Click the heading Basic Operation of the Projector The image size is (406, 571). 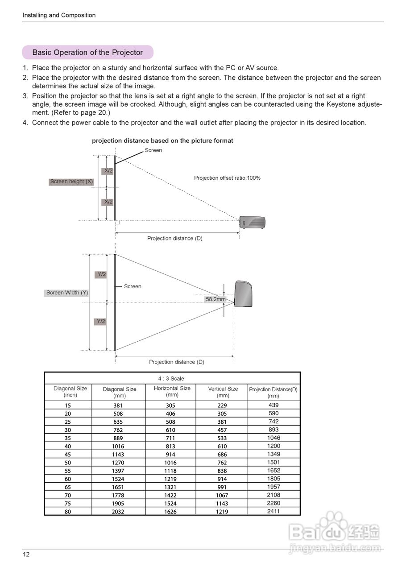pos(87,52)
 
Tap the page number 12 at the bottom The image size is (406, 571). pos(26,554)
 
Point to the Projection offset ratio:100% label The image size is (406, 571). pos(227,178)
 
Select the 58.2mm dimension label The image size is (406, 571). pos(215,299)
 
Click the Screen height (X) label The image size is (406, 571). pos(71,182)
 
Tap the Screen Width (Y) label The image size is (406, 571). pos(67,293)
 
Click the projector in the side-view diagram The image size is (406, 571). pos(253,222)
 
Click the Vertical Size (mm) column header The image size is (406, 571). pos(223,392)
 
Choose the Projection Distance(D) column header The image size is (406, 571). pos(273,393)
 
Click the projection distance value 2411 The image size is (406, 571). pos(273,511)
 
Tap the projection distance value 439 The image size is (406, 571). pos(273,405)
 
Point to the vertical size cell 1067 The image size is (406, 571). pos(222,495)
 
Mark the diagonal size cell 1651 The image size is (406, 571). pos(119,487)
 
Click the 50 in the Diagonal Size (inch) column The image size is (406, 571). pos(68,463)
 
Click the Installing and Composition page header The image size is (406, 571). pos(59,15)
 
